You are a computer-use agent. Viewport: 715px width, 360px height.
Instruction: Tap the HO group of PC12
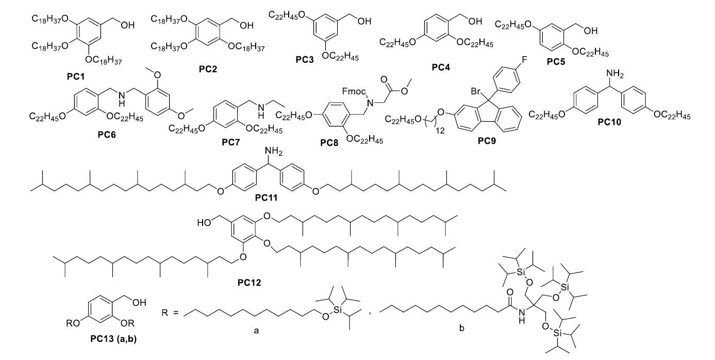[205, 223]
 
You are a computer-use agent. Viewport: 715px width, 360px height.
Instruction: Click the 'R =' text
[170, 312]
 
